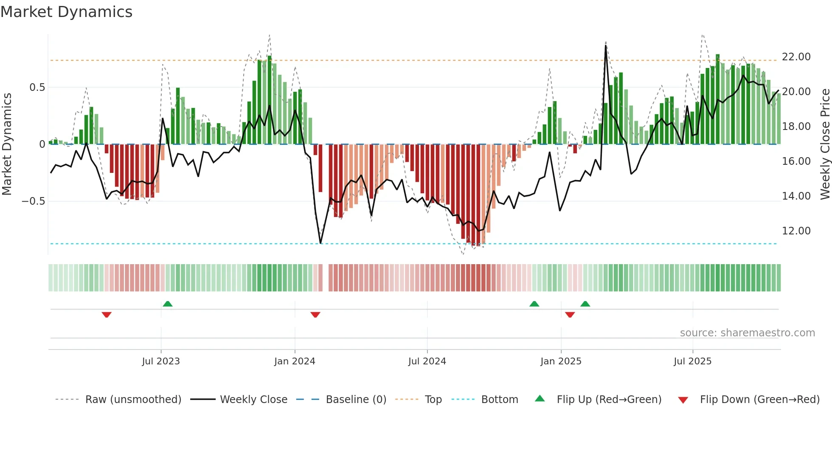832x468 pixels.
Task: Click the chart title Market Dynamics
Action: [66, 12]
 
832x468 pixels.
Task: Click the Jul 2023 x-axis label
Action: [161, 361]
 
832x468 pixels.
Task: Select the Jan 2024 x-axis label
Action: [295, 361]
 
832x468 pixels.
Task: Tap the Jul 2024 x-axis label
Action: [427, 361]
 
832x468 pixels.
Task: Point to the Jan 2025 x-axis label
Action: [561, 361]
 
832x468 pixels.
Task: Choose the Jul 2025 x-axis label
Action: [692, 361]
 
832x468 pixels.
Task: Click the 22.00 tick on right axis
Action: [796, 57]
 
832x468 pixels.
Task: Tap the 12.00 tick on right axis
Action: [796, 231]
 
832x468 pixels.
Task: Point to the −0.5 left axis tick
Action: [34, 201]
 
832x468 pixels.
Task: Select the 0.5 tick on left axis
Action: [37, 87]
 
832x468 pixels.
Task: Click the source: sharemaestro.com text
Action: [747, 333]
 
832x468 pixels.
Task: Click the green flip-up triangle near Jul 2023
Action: [168, 304]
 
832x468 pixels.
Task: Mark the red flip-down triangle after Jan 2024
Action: [315, 315]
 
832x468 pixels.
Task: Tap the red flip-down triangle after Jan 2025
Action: [570, 315]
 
